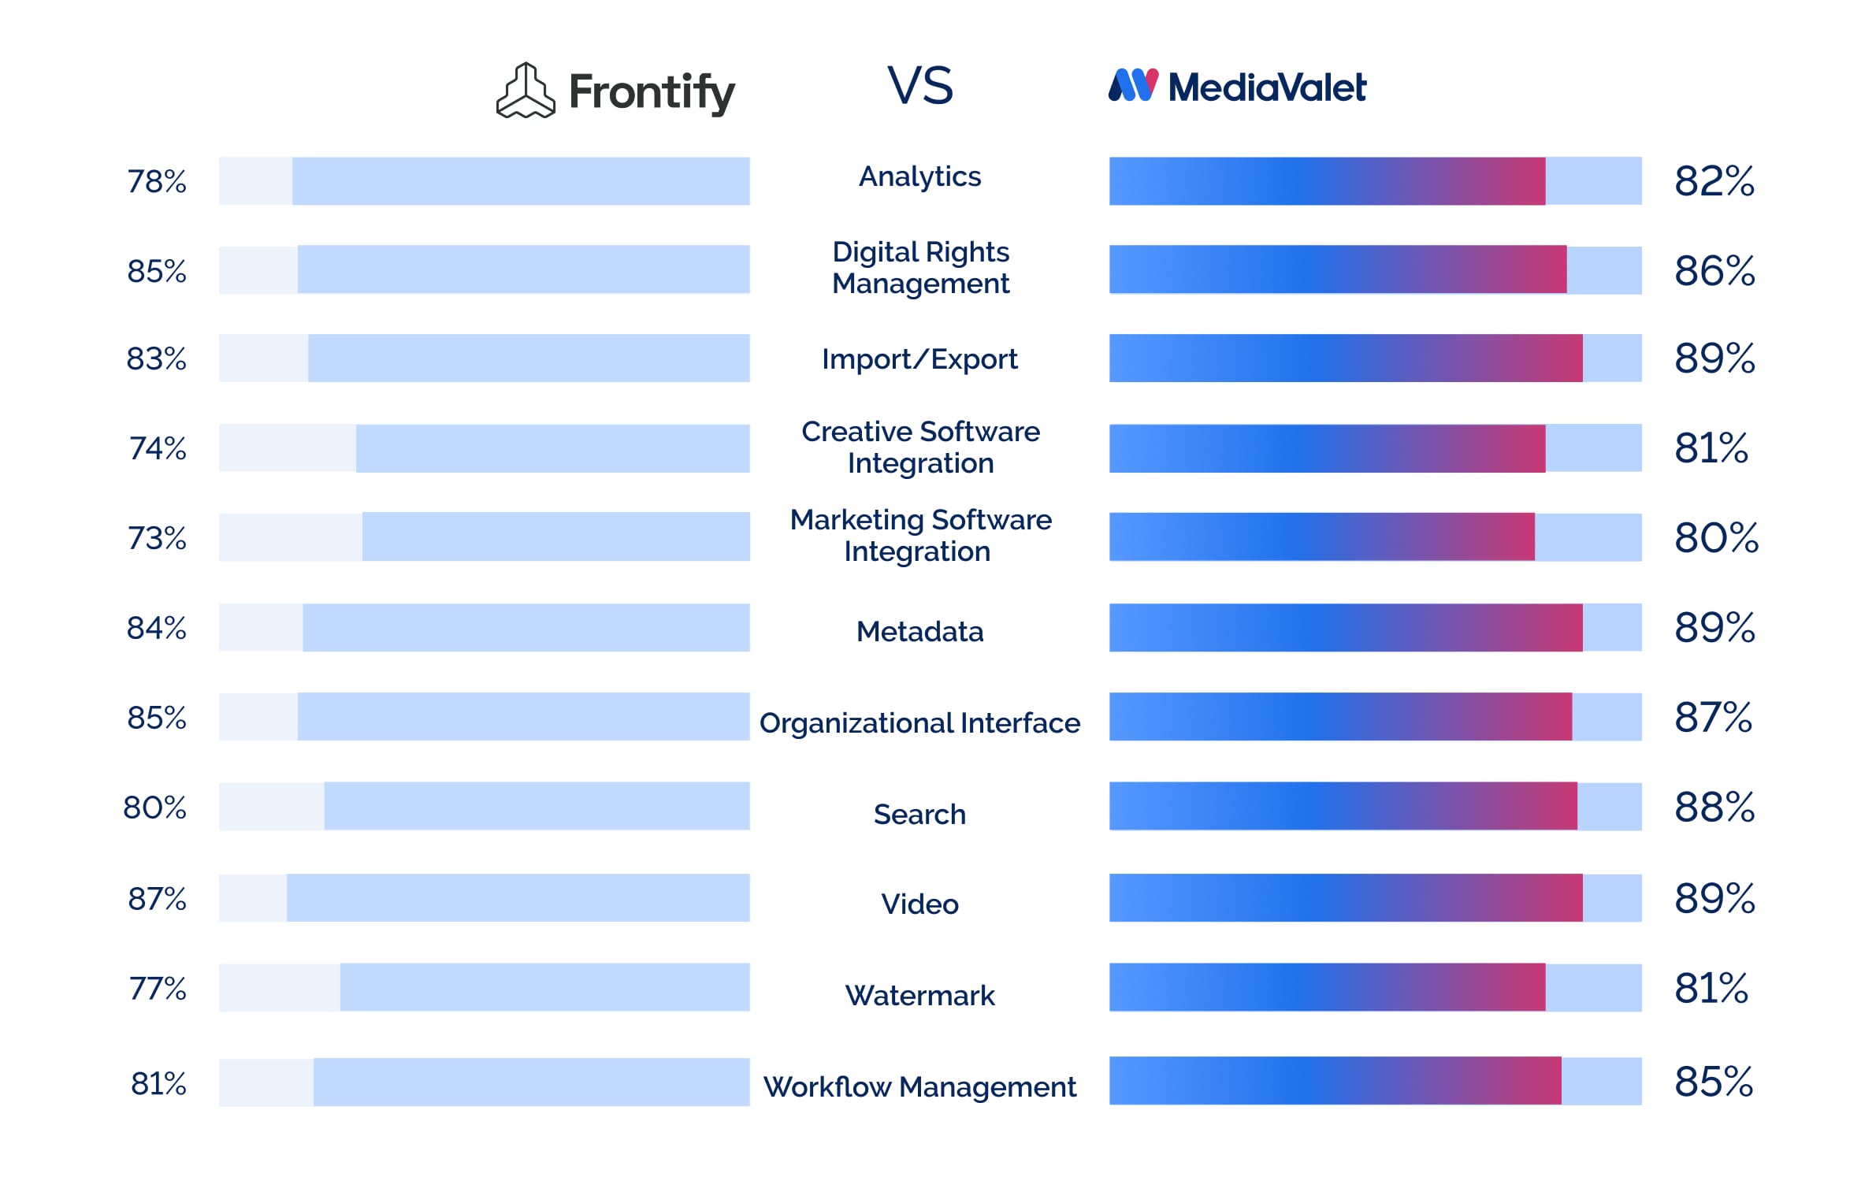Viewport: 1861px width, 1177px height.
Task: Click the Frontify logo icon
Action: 526,91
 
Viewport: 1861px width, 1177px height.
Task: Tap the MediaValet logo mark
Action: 1133,85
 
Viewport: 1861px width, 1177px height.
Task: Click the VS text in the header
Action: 919,85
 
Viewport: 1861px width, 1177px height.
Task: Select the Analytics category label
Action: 919,176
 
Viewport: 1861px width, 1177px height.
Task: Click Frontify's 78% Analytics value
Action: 157,181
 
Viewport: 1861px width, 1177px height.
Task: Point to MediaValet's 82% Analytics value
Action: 1714,181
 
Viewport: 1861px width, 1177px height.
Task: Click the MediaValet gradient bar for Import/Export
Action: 1345,358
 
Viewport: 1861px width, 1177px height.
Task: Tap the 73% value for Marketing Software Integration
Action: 157,538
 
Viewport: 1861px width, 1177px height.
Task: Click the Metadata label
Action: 919,632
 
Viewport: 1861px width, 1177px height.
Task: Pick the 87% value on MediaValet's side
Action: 1713,718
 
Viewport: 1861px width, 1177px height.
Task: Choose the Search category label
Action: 919,815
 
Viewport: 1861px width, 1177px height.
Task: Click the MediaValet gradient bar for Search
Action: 1343,806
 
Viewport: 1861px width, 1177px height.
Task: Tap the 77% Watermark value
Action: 158,988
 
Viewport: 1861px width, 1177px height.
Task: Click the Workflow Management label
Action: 919,1087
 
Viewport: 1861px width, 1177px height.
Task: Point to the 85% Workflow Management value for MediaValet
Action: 1713,1082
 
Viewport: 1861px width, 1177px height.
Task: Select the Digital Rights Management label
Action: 920,268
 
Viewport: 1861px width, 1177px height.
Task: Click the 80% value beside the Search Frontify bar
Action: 154,808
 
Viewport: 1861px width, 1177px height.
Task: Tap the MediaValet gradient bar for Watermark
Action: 1327,987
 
